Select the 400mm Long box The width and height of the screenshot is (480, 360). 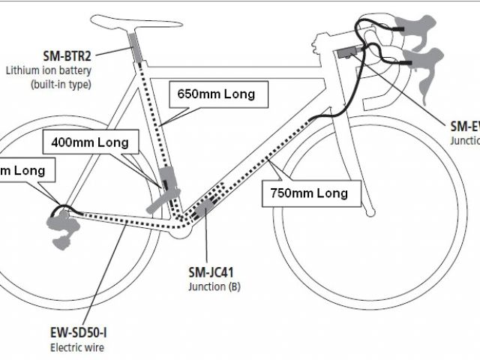click(90, 141)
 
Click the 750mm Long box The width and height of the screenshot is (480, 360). click(310, 193)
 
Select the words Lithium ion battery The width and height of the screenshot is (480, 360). click(48, 71)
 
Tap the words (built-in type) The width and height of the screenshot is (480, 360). click(61, 84)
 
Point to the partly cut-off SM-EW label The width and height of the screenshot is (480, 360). click(464, 127)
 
